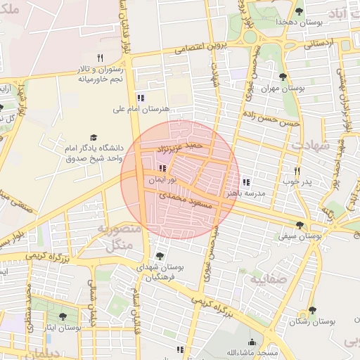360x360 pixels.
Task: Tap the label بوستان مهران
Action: (283, 89)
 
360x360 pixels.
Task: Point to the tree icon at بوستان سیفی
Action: (300, 226)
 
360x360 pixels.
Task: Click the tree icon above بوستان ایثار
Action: (63, 317)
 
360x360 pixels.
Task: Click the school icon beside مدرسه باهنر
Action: (245, 182)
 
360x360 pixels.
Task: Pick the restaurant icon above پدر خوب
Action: (297, 171)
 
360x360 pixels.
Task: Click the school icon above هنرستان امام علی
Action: (141, 98)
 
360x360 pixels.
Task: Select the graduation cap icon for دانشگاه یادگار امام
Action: (94, 137)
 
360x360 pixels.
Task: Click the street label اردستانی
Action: (320, 44)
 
